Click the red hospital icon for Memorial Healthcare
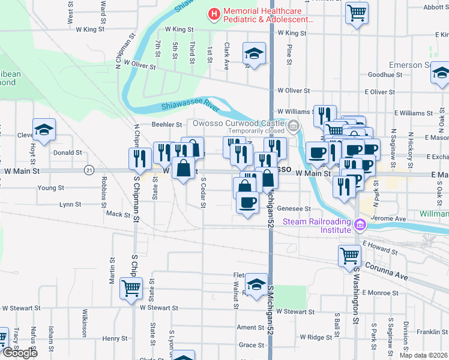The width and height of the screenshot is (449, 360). click(213, 13)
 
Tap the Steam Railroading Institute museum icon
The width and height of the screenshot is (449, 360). click(360, 225)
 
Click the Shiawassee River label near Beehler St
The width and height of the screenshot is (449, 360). click(189, 106)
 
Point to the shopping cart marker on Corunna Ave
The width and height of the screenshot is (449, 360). click(349, 256)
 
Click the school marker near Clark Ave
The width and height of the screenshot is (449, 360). click(254, 54)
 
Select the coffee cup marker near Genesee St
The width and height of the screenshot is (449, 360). click(247, 202)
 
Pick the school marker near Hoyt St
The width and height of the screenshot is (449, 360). click(44, 130)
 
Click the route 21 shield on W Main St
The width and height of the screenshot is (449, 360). click(89, 170)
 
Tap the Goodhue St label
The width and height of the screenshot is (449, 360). click(384, 75)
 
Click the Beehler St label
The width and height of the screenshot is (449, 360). click(167, 125)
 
